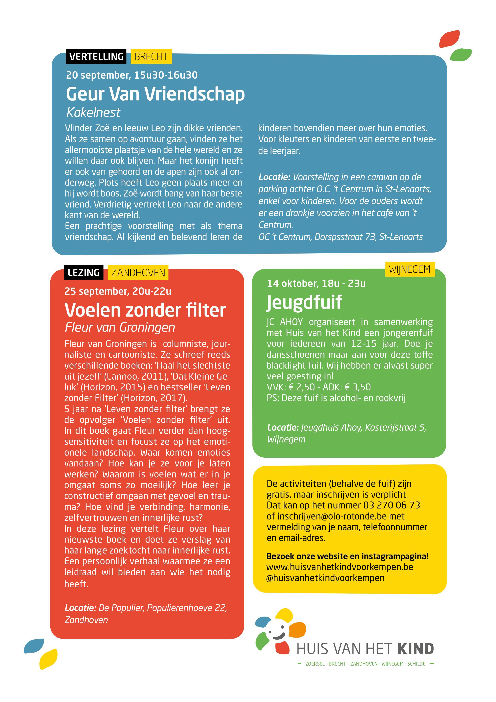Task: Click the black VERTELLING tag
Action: [96, 57]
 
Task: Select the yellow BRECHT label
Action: [151, 57]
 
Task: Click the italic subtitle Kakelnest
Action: [93, 112]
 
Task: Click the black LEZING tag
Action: [83, 272]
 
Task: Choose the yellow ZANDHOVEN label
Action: [138, 272]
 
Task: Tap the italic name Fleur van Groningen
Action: [120, 327]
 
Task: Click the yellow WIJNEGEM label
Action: [410, 269]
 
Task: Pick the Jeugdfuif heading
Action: [304, 302]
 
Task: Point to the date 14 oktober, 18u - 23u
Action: [316, 283]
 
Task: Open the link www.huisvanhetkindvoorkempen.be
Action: [340, 567]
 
